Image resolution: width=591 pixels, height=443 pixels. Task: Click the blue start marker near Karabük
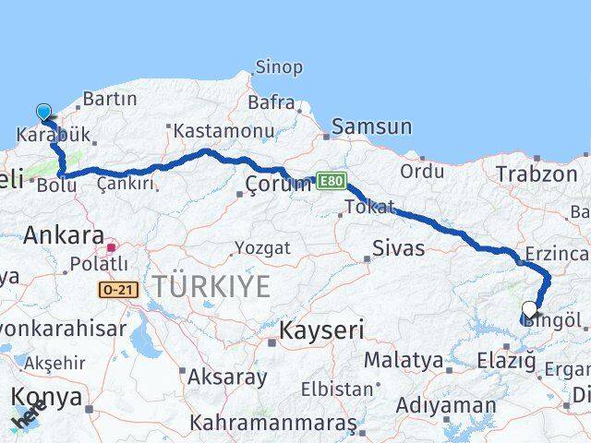click(43, 114)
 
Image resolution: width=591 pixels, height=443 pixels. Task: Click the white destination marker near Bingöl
click(529, 310)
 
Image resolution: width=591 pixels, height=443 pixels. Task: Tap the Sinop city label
click(278, 67)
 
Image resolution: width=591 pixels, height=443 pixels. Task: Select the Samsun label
click(371, 126)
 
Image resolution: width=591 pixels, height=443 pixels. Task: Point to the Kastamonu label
click(224, 131)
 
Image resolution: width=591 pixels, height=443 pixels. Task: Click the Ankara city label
click(63, 234)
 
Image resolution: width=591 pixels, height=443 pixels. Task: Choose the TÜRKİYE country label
click(212, 286)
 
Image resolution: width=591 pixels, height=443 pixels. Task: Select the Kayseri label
click(322, 330)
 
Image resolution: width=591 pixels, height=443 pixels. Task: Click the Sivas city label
click(399, 247)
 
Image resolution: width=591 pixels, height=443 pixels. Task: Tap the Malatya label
click(404, 360)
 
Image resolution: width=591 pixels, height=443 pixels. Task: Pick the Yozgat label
click(262, 248)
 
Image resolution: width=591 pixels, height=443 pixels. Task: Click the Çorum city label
click(279, 185)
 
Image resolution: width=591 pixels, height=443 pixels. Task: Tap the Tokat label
click(369, 207)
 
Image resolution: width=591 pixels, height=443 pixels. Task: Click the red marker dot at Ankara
click(110, 247)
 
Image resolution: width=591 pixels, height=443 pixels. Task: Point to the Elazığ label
click(507, 361)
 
